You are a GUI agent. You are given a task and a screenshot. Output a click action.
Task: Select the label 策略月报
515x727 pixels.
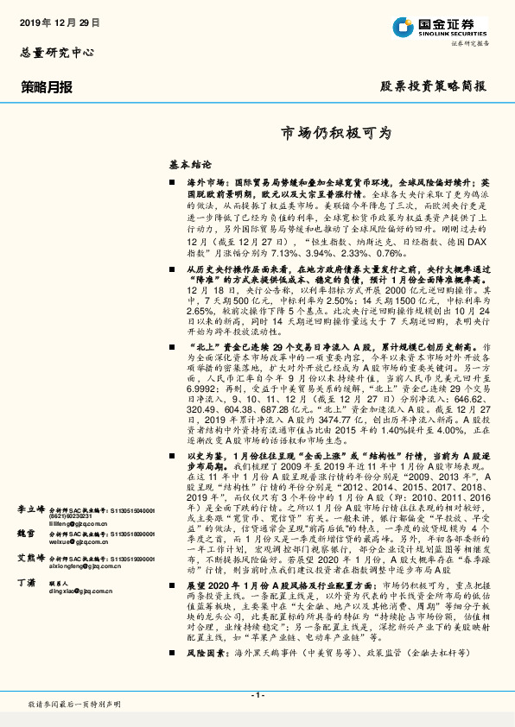(x=47, y=86)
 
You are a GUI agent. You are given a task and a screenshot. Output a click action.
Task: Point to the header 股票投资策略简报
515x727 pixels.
(x=433, y=86)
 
